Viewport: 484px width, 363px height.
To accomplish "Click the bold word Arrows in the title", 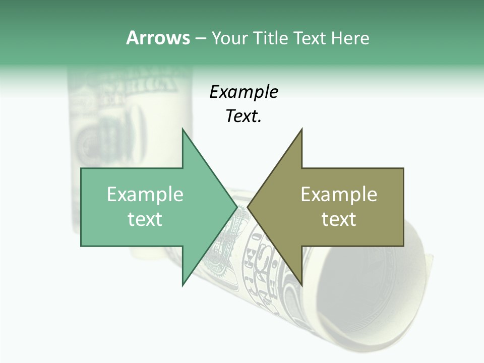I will click(x=158, y=38).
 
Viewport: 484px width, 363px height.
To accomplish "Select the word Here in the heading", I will click(x=350, y=38).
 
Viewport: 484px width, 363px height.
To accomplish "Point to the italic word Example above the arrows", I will click(x=244, y=92).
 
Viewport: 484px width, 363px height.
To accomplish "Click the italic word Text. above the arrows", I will click(x=244, y=116).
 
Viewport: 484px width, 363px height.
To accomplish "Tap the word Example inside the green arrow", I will click(x=145, y=194).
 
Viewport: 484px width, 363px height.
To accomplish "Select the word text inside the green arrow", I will click(x=145, y=219).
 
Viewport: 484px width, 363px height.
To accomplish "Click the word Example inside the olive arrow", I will click(x=339, y=194).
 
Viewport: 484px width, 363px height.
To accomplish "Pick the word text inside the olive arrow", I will click(x=339, y=219).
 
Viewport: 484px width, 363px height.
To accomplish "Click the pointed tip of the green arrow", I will click(x=236, y=207).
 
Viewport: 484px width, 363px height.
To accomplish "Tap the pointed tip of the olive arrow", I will click(x=248, y=207).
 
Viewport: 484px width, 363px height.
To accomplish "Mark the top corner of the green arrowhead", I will click(x=183, y=129).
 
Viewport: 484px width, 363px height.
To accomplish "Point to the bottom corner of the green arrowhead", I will click(x=183, y=285).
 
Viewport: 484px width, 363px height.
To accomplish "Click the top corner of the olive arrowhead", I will click(x=301, y=129).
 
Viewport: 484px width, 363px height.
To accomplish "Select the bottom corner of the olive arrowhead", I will click(x=301, y=285).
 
